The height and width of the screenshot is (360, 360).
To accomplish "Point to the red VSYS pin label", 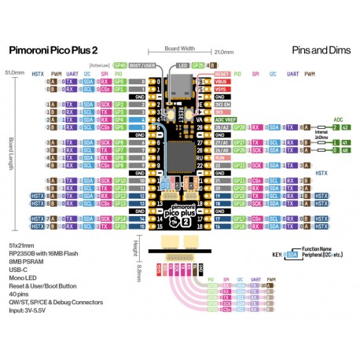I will click(220, 89).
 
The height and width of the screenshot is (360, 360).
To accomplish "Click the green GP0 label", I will click(119, 82).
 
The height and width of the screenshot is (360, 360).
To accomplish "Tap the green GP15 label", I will click(119, 226).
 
